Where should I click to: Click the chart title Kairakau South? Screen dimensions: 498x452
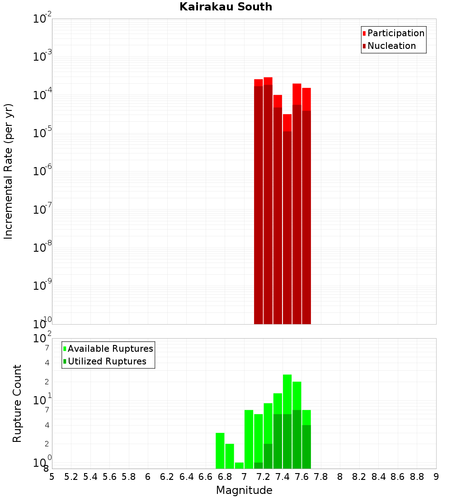click(x=226, y=7)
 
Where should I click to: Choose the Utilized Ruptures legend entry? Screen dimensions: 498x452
click(x=107, y=361)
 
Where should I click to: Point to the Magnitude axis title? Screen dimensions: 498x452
click(x=244, y=490)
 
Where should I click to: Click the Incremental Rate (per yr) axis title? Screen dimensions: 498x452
click(x=9, y=171)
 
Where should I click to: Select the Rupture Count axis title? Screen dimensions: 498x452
click(x=17, y=403)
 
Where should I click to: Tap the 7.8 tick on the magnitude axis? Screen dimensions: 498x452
click(x=321, y=477)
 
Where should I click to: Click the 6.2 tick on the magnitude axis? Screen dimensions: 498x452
click(x=167, y=477)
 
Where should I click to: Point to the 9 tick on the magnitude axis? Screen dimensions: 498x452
click(x=436, y=477)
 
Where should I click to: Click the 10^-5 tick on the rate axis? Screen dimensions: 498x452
click(x=42, y=133)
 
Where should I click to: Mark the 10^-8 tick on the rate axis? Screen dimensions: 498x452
click(x=42, y=248)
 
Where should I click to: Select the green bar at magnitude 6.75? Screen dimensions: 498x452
click(x=220, y=450)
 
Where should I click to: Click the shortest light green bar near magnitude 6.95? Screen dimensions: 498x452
click(x=239, y=465)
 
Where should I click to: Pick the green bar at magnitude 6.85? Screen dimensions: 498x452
click(x=230, y=456)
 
